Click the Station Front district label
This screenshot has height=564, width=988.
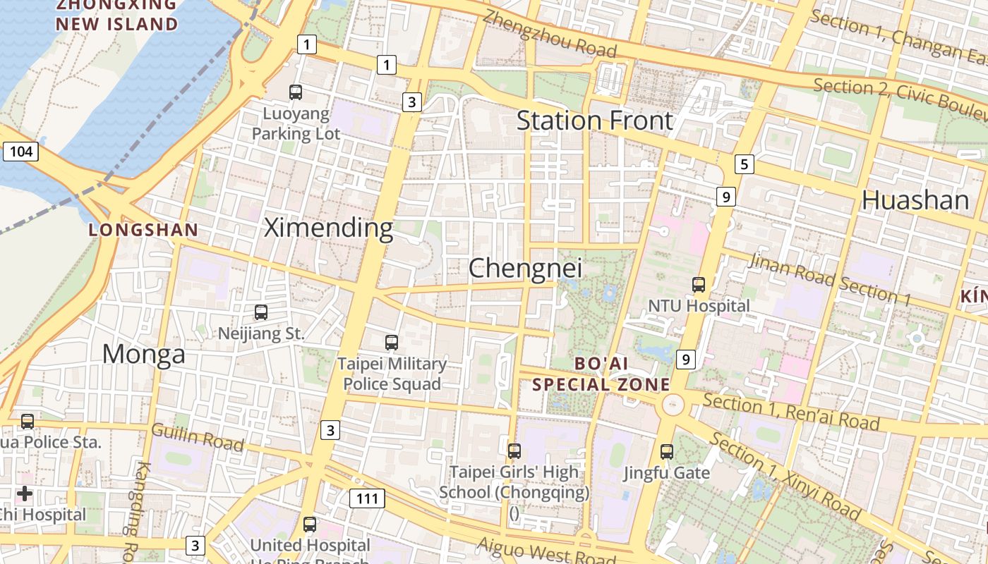pyautogui.click(x=595, y=121)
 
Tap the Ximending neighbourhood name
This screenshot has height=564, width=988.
pyautogui.click(x=328, y=228)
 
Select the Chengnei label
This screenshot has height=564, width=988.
pyautogui.click(x=526, y=268)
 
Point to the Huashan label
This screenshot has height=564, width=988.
pyautogui.click(x=915, y=200)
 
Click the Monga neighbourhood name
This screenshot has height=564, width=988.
pyautogui.click(x=144, y=354)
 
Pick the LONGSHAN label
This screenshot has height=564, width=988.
pyautogui.click(x=143, y=230)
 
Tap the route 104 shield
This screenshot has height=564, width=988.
pyautogui.click(x=20, y=151)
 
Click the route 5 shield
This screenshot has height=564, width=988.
pyautogui.click(x=744, y=164)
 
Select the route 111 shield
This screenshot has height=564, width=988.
pyautogui.click(x=367, y=498)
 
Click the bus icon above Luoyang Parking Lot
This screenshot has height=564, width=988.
pyautogui.click(x=296, y=92)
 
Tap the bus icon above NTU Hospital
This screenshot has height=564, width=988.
pyautogui.click(x=699, y=285)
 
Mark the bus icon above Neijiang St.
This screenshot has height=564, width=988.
pyautogui.click(x=261, y=312)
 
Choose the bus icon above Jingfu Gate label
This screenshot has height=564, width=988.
pyautogui.click(x=667, y=452)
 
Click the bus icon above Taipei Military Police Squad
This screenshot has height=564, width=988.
pyautogui.click(x=392, y=343)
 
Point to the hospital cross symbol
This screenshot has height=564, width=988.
pyautogui.click(x=25, y=493)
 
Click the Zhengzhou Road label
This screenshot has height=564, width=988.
pyautogui.click(x=550, y=35)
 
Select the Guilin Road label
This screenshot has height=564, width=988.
pyautogui.click(x=198, y=437)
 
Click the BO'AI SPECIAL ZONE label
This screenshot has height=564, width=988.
pyautogui.click(x=601, y=374)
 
